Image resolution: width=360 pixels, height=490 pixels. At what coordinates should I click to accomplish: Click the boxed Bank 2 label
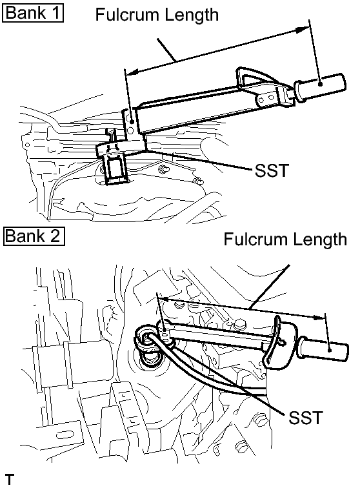click(x=33, y=236)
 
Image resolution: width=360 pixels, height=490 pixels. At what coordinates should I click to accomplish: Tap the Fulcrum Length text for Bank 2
click(x=285, y=240)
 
